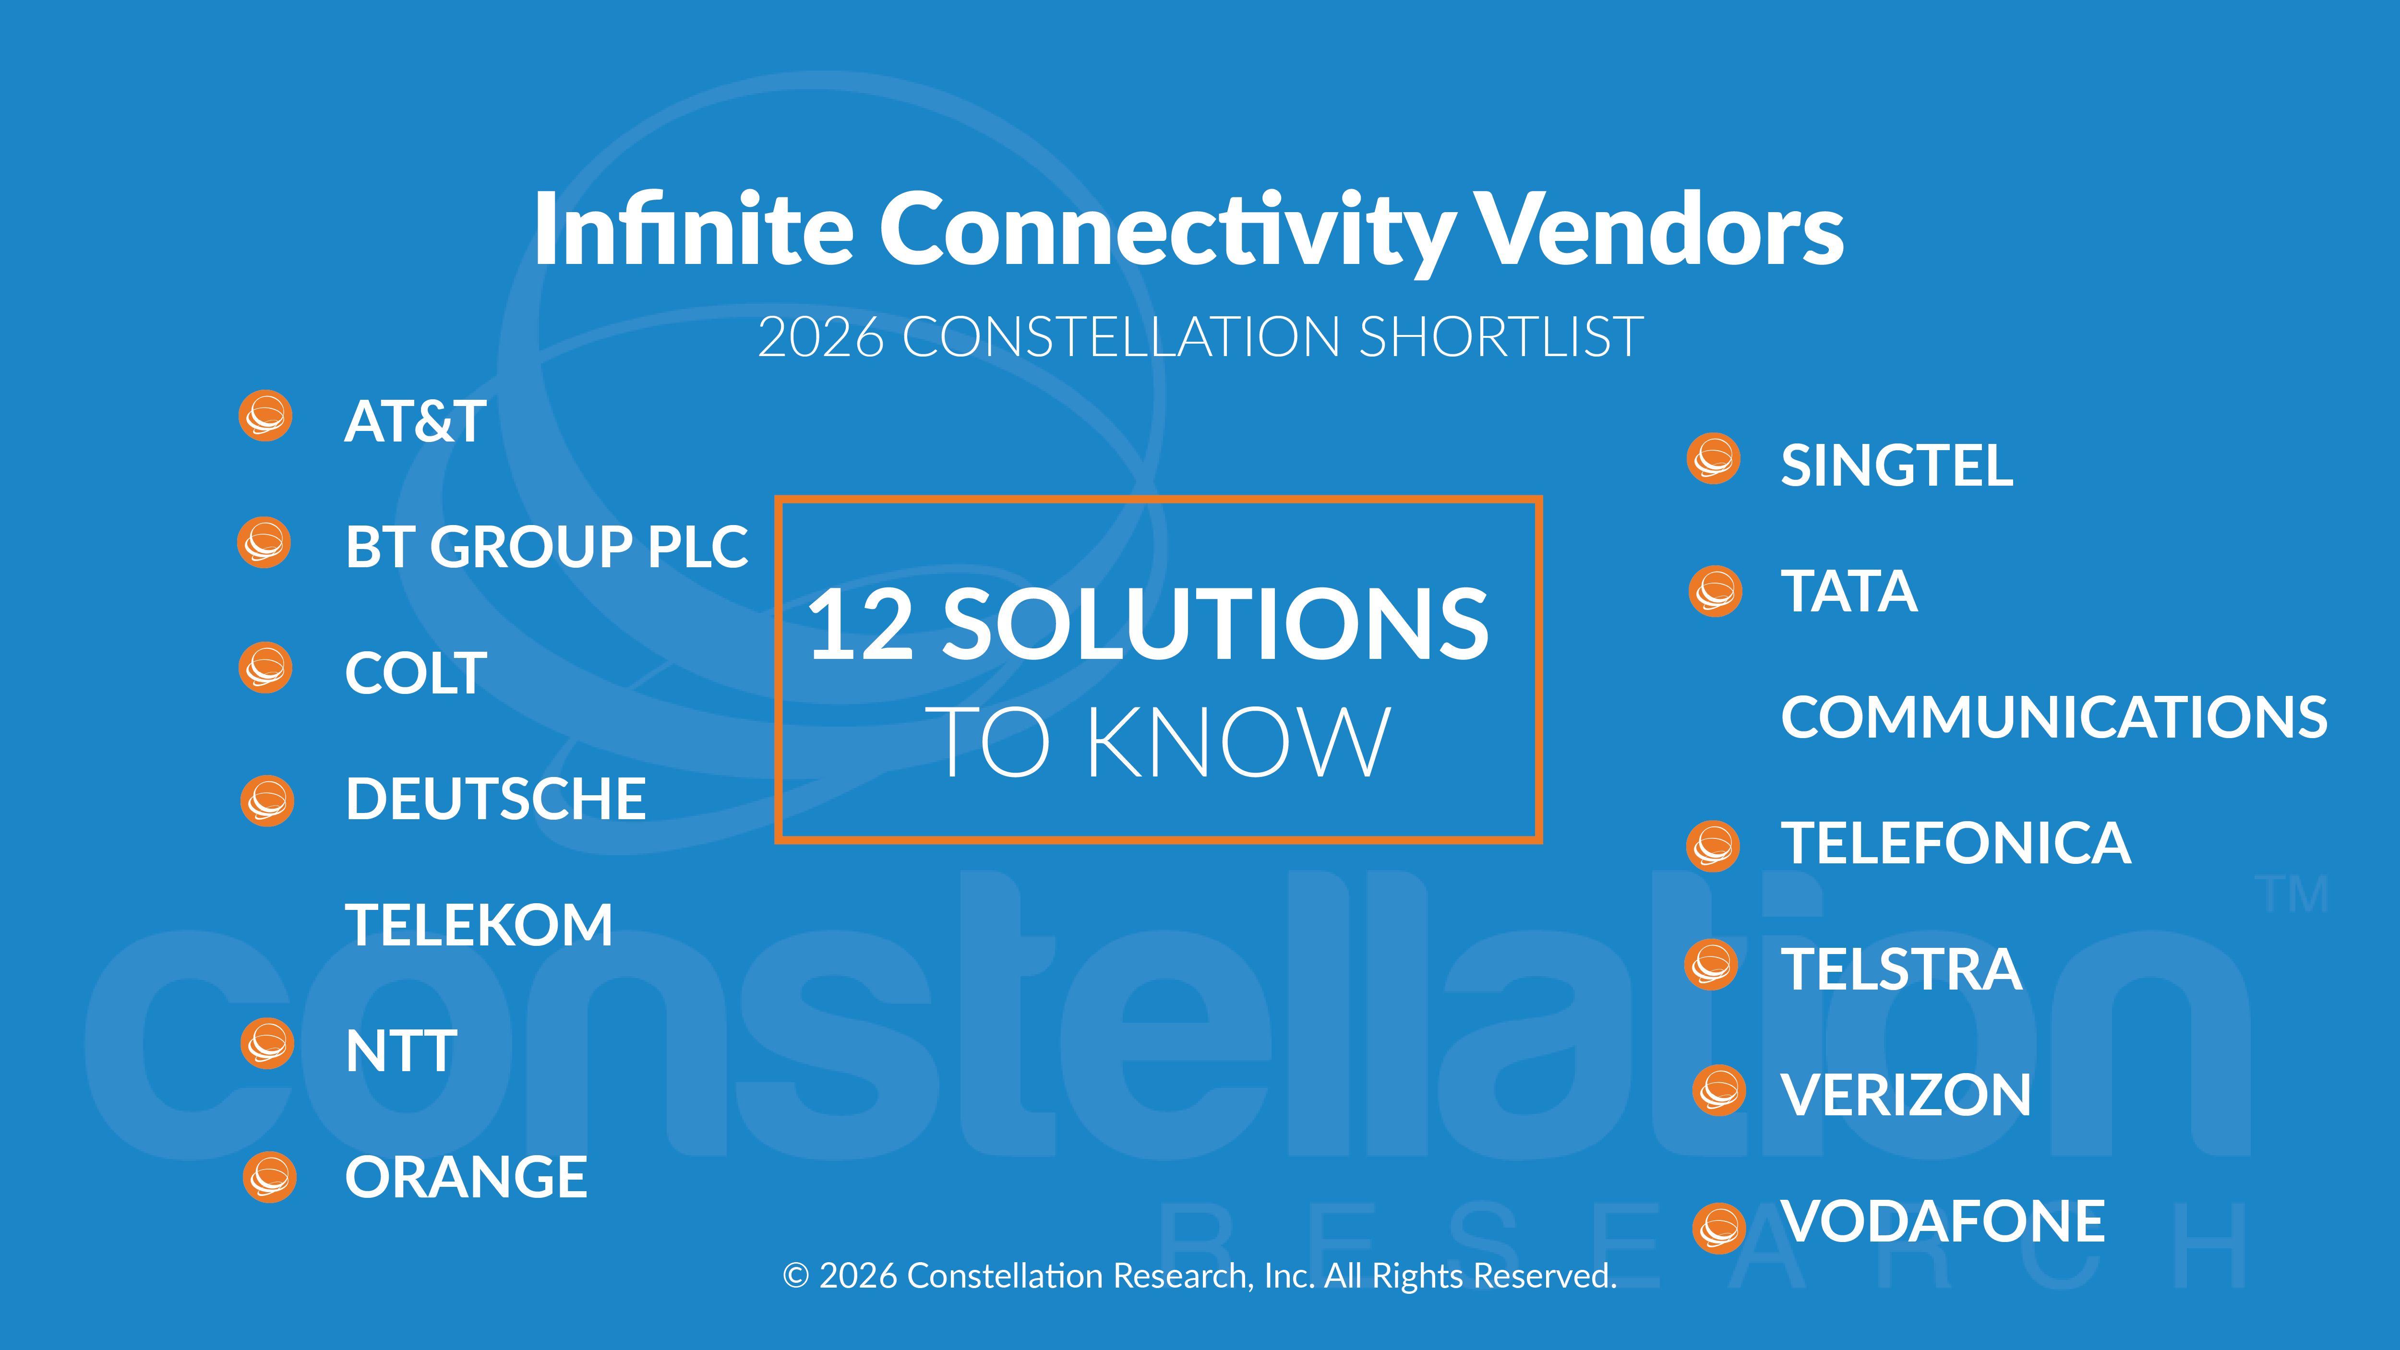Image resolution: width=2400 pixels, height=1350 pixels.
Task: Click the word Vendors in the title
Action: click(x=1661, y=229)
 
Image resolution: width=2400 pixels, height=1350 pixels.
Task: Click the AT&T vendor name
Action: click(x=416, y=420)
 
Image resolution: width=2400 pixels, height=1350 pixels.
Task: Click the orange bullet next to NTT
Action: click(x=267, y=1043)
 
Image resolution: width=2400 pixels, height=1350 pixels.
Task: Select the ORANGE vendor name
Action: click(x=466, y=1177)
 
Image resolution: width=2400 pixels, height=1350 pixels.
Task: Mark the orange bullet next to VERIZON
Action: click(x=1719, y=1090)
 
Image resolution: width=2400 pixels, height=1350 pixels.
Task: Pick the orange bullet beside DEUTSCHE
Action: click(x=267, y=800)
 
